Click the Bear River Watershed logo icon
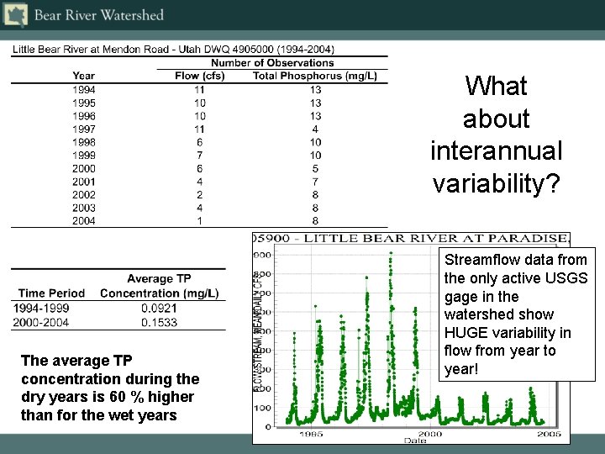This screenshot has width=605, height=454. pyautogui.click(x=16, y=14)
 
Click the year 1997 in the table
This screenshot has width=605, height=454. pyautogui.click(x=84, y=129)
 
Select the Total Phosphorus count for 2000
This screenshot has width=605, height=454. pyautogui.click(x=315, y=168)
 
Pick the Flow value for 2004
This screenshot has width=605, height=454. pyautogui.click(x=200, y=221)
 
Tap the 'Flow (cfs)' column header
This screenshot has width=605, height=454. pyautogui.click(x=200, y=76)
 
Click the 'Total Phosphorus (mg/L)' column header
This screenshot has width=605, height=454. pyautogui.click(x=315, y=76)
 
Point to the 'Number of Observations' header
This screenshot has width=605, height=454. pyautogui.click(x=272, y=63)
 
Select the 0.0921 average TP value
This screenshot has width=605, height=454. pyautogui.click(x=160, y=308)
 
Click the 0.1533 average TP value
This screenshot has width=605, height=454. pyautogui.click(x=160, y=322)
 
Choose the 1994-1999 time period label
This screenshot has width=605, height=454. pyautogui.click(x=41, y=308)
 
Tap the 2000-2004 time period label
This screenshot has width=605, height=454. pyautogui.click(x=41, y=322)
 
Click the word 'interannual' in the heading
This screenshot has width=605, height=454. pyautogui.click(x=496, y=151)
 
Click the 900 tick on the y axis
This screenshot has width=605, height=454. pyautogui.click(x=263, y=255)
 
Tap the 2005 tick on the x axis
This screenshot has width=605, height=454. pyautogui.click(x=550, y=434)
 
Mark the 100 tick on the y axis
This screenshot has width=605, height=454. pyautogui.click(x=263, y=407)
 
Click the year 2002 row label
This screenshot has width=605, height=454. pyautogui.click(x=84, y=194)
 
